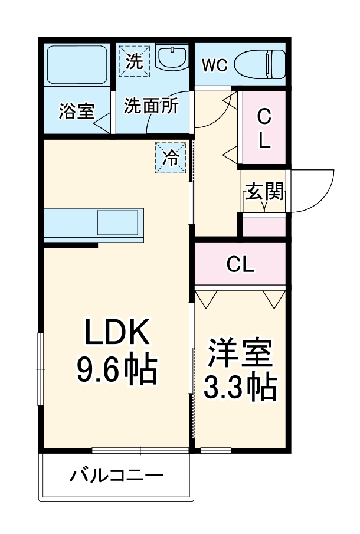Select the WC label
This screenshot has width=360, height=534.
pyautogui.click(x=215, y=65)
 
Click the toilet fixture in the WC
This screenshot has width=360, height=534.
pyautogui.click(x=259, y=63)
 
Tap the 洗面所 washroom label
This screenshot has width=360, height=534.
pyautogui.click(x=151, y=106)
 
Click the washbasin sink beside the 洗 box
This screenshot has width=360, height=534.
pyautogui.click(x=171, y=60)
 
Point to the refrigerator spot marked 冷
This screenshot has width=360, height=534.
pyautogui.click(x=170, y=158)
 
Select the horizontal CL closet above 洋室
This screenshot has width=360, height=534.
pyautogui.click(x=241, y=265)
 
